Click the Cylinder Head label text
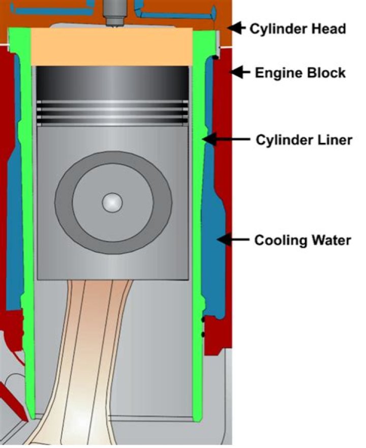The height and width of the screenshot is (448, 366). coord(297,28)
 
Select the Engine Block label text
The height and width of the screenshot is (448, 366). coord(300,73)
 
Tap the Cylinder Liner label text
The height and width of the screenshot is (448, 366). coord(304,139)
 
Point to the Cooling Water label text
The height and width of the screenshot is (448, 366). coord(302,240)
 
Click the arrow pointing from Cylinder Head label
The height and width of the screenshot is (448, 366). coord(236,27)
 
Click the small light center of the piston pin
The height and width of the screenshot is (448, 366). coord(112,202)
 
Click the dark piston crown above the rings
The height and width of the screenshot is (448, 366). coord(112,81)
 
